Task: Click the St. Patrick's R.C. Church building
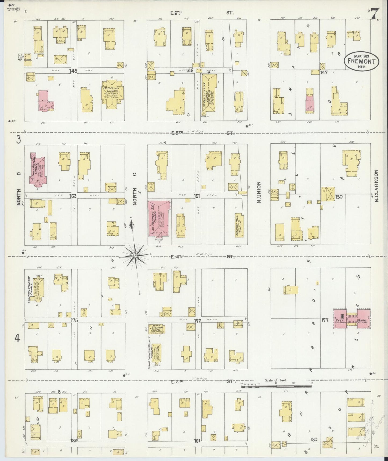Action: tap(159, 218)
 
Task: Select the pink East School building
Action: tap(352, 318)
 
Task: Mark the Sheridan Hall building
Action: tap(240, 225)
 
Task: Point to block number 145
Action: tap(73, 71)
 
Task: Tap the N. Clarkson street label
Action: tap(376, 186)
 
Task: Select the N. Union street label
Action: tap(259, 192)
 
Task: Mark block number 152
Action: tap(73, 196)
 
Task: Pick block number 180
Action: tap(314, 439)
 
